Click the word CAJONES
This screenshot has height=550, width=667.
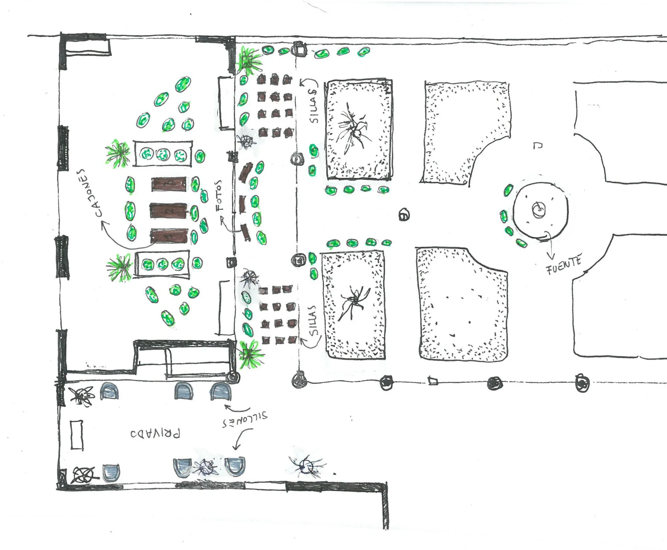(88, 193)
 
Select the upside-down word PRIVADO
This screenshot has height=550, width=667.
(155, 433)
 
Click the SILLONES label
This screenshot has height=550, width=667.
(245, 420)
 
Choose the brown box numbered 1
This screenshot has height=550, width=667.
(169, 236)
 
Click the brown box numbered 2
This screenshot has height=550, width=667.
(168, 210)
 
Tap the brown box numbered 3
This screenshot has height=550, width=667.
(169, 184)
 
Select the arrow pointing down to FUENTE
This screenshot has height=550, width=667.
(550, 246)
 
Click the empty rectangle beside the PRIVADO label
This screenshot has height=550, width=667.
(77, 435)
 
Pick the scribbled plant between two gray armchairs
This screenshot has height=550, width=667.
(207, 467)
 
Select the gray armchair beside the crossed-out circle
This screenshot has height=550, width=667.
(111, 472)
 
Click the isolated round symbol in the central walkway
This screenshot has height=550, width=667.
(404, 215)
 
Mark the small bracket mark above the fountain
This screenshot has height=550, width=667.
(538, 145)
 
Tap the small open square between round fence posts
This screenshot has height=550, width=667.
(432, 381)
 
